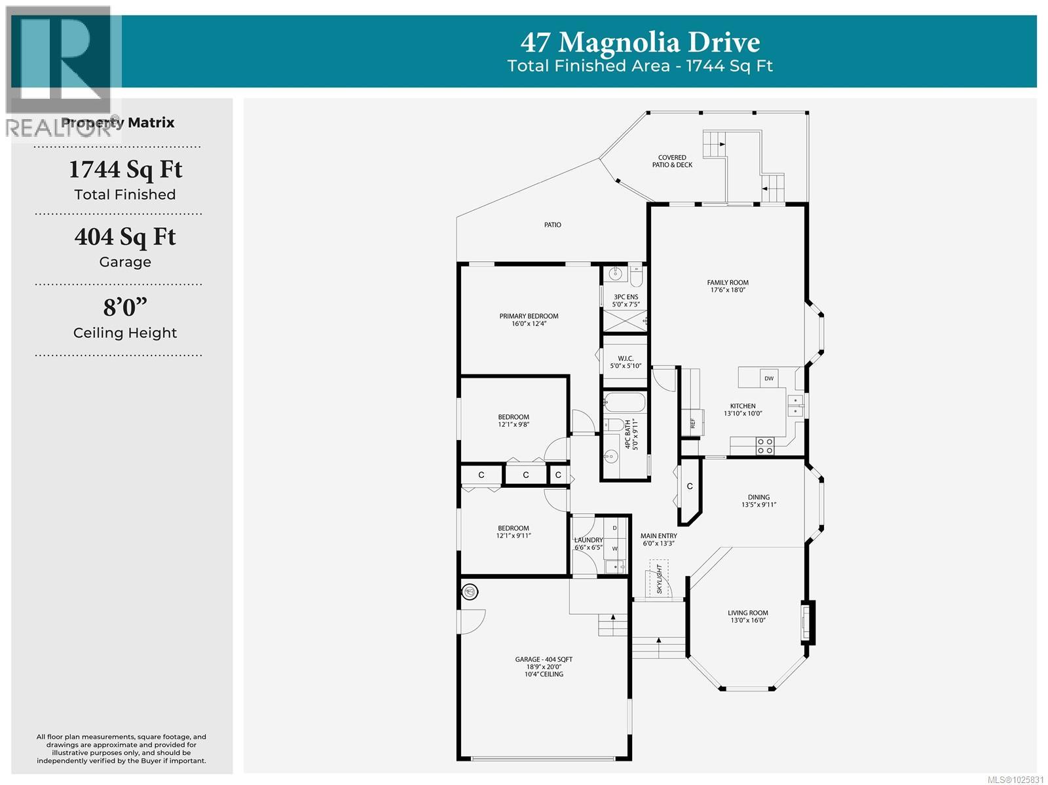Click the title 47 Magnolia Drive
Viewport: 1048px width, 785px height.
click(640, 43)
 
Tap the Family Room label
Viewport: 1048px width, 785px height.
click(728, 286)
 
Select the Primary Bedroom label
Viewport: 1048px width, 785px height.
click(529, 319)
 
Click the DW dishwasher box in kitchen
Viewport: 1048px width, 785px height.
click(769, 378)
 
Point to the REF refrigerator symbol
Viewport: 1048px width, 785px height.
click(692, 423)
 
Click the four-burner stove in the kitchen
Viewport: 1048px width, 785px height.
click(764, 446)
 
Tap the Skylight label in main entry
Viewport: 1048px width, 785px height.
click(660, 578)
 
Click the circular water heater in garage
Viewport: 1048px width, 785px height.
click(469, 593)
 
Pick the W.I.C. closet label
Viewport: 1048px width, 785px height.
click(626, 362)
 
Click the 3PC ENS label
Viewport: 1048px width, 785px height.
click(626, 301)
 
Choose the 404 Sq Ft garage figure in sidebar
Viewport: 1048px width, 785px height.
click(125, 237)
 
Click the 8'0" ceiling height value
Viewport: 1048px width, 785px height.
click(125, 307)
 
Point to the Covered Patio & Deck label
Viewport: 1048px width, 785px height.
click(672, 161)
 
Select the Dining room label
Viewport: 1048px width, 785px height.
click(758, 501)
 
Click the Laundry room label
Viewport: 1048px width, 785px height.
click(588, 543)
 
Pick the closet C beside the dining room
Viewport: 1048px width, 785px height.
click(690, 486)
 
